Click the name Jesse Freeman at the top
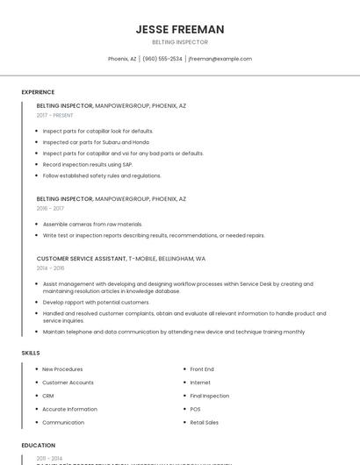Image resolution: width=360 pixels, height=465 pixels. [x=180, y=29]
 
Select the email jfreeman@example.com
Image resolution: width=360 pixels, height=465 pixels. [x=220, y=59]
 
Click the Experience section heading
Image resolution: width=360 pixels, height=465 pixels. [x=38, y=92]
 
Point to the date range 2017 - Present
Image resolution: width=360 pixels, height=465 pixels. [x=54, y=115]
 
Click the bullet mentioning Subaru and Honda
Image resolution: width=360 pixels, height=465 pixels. [x=96, y=141]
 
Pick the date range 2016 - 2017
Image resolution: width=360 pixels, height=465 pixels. [x=50, y=209]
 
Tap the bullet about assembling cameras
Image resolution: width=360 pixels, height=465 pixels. [x=92, y=224]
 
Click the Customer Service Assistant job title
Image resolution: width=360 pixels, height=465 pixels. [x=82, y=259]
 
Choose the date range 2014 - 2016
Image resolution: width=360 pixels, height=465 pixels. [x=50, y=268]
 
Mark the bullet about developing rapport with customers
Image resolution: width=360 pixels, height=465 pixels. [x=96, y=302]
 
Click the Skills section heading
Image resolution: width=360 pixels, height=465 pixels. [x=31, y=353]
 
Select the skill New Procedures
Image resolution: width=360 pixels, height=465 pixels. [x=62, y=369]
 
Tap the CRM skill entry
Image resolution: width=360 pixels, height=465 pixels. [x=48, y=396]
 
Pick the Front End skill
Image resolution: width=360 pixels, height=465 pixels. [x=202, y=369]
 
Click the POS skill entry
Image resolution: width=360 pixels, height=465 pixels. [x=195, y=409]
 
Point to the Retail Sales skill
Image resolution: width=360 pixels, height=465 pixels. [x=205, y=422]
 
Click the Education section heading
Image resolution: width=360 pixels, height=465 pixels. [x=39, y=445]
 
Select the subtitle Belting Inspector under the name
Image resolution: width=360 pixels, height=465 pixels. [x=180, y=42]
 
